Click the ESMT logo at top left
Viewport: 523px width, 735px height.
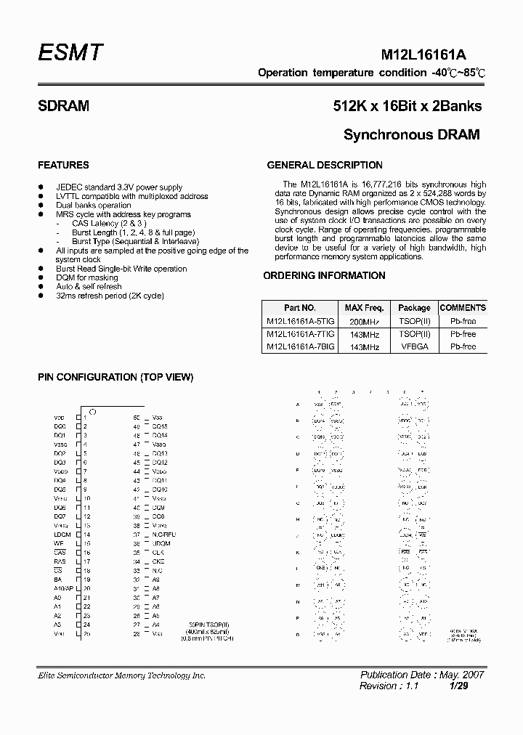(70, 53)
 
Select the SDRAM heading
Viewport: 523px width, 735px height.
(63, 106)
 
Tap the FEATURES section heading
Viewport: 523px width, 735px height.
(63, 165)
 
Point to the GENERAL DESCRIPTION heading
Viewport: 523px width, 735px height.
(325, 165)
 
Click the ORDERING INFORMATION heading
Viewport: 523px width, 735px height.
(324, 275)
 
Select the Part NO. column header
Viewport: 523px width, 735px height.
(299, 308)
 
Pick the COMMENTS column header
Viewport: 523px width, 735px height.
(463, 308)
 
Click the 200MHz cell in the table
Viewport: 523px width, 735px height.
(365, 321)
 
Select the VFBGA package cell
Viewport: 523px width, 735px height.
(414, 347)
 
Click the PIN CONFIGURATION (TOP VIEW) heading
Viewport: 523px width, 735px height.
(115, 377)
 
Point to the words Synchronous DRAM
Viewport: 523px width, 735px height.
(412, 135)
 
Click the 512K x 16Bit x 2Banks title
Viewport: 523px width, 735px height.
(408, 106)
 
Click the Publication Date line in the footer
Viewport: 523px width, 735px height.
(422, 675)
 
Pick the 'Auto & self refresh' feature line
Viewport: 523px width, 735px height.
(89, 287)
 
